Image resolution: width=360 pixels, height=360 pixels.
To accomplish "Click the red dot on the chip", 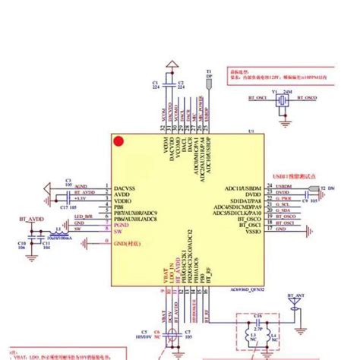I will click(x=118, y=140).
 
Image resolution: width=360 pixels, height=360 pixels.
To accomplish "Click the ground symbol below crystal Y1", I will click(x=285, y=115).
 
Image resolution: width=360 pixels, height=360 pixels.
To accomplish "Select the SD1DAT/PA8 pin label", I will click(x=244, y=199).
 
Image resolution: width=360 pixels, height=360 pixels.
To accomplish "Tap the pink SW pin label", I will click(x=118, y=232).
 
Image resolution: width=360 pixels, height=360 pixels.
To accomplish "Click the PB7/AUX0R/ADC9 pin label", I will click(x=134, y=213).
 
